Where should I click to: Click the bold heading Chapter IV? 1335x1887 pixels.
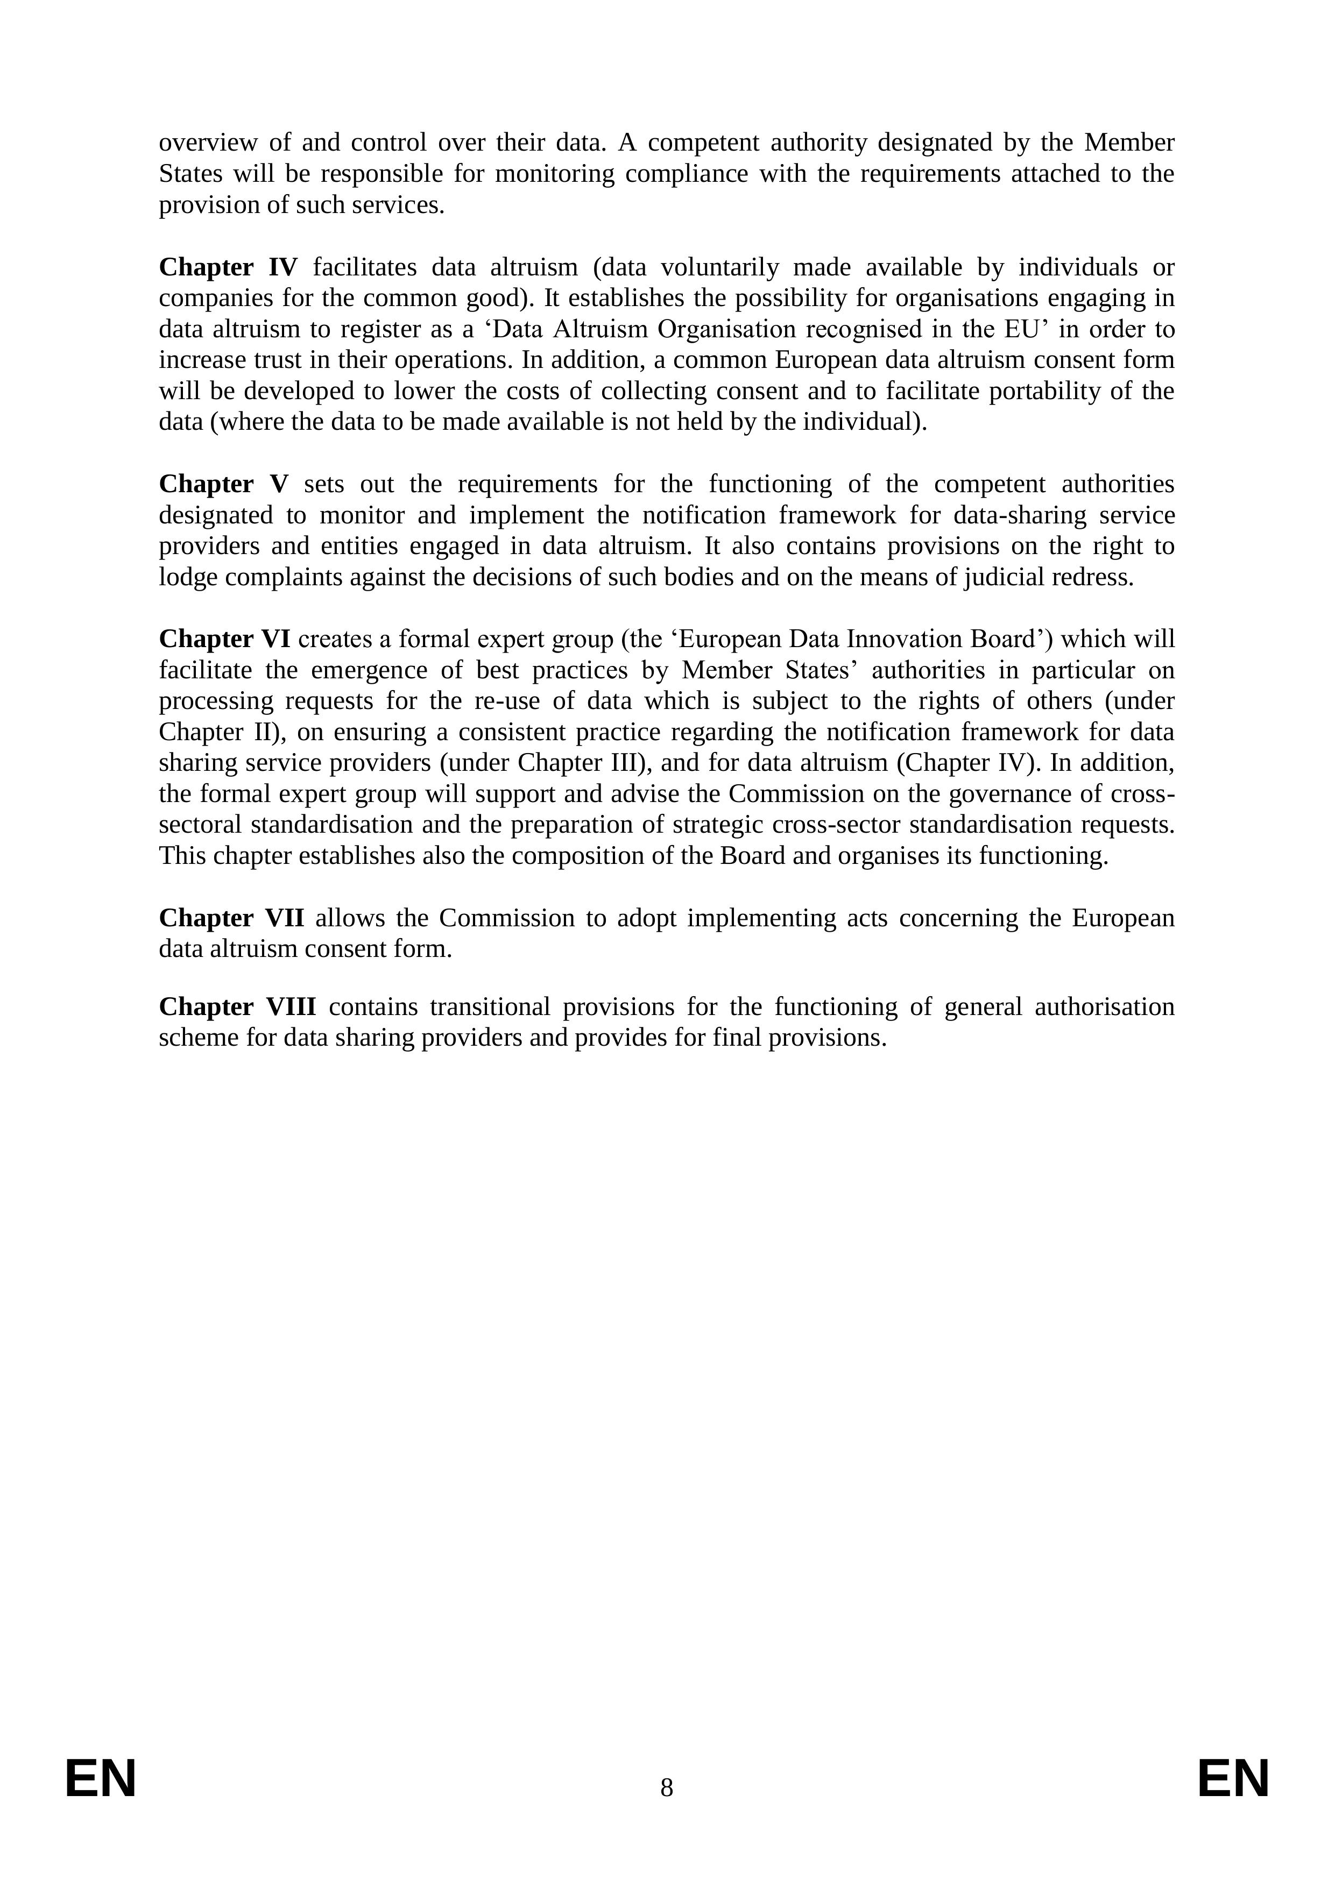228,267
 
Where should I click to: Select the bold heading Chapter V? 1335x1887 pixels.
224,484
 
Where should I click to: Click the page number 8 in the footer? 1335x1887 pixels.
667,1787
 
